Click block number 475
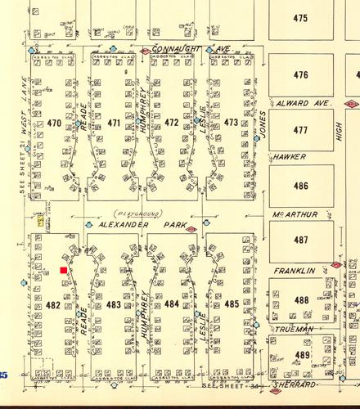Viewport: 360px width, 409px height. pyautogui.click(x=300, y=18)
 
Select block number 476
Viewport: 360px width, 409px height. pyautogui.click(x=300, y=75)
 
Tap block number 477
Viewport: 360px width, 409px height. pyautogui.click(x=300, y=130)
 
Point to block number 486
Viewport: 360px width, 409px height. pyautogui.click(x=300, y=186)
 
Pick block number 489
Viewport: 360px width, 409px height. pyautogui.click(x=302, y=355)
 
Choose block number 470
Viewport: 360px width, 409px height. pyautogui.click(x=55, y=124)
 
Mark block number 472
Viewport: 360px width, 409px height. pyautogui.click(x=172, y=124)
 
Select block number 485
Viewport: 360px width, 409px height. pyautogui.click(x=232, y=304)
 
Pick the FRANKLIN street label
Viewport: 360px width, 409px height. pyautogui.click(x=294, y=270)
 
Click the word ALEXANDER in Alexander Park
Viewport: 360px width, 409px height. pyautogui.click(x=123, y=224)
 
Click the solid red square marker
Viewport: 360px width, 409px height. pyautogui.click(x=64, y=269)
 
